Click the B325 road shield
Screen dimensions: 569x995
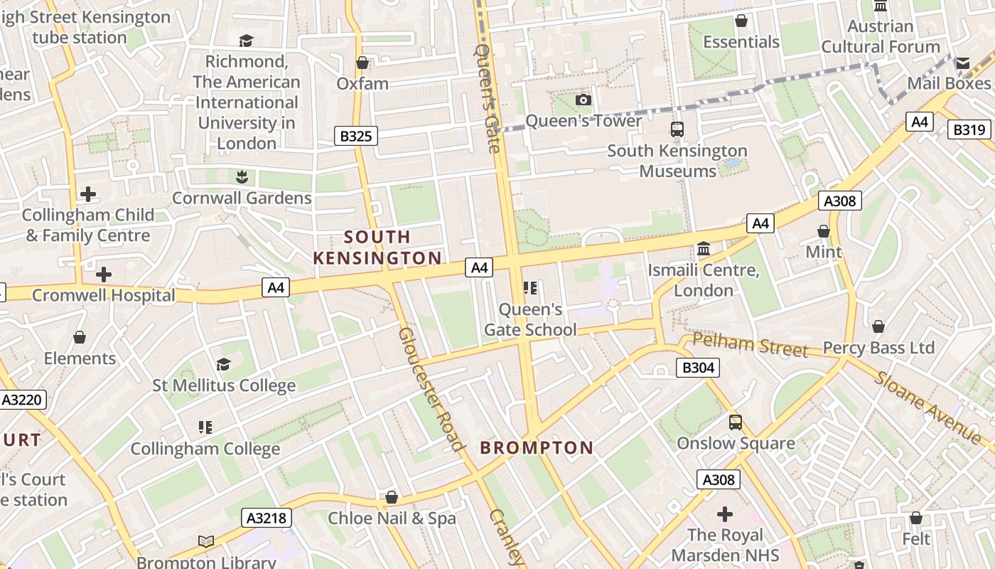[355, 136]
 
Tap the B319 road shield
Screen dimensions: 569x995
[969, 129]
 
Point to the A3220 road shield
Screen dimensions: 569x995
[22, 400]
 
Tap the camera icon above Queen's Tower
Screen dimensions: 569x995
[583, 100]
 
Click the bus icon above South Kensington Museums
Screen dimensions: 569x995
[677, 129]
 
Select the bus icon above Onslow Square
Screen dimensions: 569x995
[736, 422]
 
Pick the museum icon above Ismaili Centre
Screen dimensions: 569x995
[704, 248]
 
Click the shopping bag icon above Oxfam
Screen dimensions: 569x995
[362, 63]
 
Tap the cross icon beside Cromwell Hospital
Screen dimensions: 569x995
[104, 274]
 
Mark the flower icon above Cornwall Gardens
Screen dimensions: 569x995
[242, 176]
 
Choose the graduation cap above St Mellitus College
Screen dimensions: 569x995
[223, 365]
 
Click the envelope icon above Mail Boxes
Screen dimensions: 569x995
[962, 63]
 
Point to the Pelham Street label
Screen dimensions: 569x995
[751, 345]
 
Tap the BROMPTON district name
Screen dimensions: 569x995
[537, 447]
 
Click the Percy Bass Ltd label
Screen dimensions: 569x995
[878, 348]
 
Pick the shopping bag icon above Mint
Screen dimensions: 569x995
[823, 231]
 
